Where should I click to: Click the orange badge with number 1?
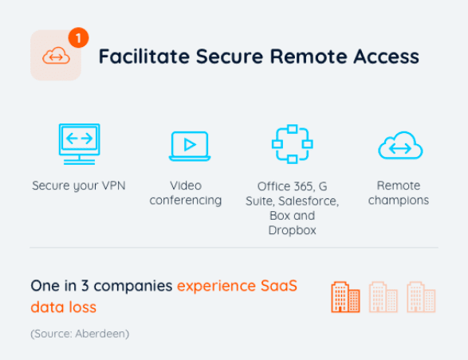[78, 37]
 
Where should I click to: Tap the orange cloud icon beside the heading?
[56, 56]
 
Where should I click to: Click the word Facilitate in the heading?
[144, 56]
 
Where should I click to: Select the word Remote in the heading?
[309, 56]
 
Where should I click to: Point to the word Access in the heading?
[386, 56]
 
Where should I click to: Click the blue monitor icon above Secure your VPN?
[79, 144]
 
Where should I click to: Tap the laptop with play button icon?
[190, 146]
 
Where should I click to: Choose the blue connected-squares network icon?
[293, 144]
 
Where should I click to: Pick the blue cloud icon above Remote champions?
[400, 146]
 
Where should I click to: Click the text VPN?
[114, 186]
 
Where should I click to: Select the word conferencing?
[185, 201]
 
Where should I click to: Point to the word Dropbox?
[293, 230]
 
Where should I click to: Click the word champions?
[399, 201]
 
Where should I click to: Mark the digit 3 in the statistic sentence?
[85, 286]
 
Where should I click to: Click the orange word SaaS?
[279, 286]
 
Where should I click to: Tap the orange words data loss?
[63, 307]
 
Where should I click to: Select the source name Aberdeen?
[100, 334]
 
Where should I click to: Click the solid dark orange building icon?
[345, 297]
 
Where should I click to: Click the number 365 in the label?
[303, 186]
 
